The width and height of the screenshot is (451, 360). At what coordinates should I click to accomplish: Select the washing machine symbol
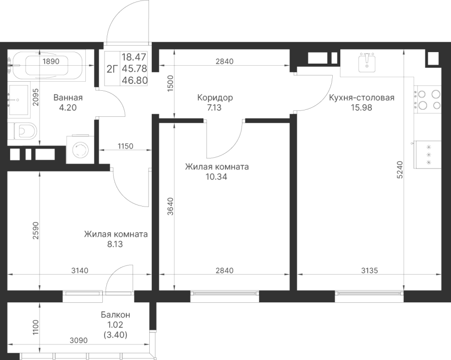coord(79,149)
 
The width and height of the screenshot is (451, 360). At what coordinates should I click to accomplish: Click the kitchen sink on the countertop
coord(369,62)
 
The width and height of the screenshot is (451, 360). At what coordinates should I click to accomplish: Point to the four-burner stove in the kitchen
coord(428,99)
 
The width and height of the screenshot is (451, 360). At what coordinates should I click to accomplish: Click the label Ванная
coord(68,98)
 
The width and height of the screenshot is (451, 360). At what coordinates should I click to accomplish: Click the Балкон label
coord(115,315)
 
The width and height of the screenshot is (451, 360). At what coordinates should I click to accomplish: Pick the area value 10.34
coord(216,176)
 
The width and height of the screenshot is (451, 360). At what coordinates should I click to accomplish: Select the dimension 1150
coord(125,146)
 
